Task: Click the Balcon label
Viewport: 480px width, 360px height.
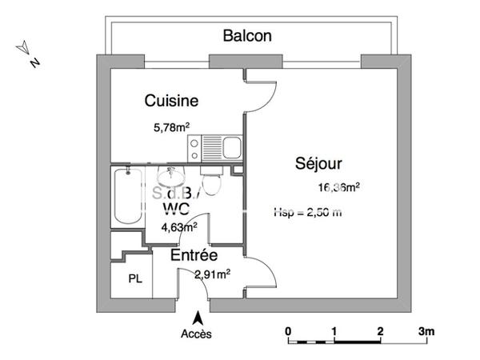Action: point(247,36)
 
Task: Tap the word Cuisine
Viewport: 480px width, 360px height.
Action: point(171,101)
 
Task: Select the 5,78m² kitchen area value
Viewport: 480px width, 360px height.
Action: point(171,126)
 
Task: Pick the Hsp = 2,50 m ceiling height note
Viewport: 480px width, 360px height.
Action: point(307,212)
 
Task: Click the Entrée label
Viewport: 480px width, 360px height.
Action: point(194,256)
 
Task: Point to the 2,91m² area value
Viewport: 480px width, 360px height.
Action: point(212,274)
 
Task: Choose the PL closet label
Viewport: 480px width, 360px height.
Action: point(135,278)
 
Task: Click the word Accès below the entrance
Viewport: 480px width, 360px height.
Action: point(196,334)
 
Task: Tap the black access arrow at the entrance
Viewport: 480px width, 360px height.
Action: point(196,318)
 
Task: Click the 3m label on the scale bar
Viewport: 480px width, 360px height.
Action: point(426,331)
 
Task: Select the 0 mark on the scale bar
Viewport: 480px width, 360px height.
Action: point(288,331)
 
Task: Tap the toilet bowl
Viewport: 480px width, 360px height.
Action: point(211,183)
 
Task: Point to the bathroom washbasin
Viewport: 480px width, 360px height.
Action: point(172,176)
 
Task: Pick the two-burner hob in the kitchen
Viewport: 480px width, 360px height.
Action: point(194,147)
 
